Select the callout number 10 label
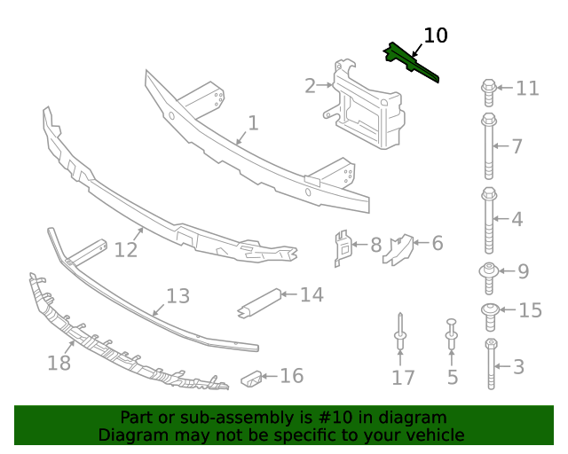coord(436,36)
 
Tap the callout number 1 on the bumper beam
coord(253,123)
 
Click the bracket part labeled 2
coord(364,105)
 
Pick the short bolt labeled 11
coord(488,88)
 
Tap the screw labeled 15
coord(488,310)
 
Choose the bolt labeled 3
coord(491,364)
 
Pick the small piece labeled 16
coord(254,379)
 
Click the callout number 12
coord(126,250)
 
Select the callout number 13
coord(177,295)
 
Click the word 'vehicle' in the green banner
coord(432,435)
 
